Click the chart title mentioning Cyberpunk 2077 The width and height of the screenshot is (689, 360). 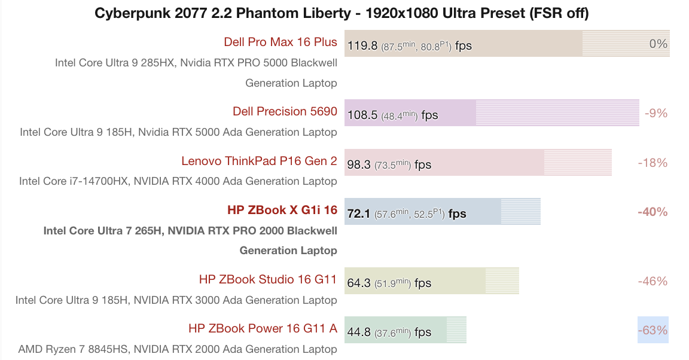tap(344, 14)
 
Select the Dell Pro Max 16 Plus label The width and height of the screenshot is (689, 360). tap(280, 42)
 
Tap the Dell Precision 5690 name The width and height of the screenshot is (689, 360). tap(285, 112)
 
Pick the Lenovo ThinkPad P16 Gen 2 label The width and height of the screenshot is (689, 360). tap(259, 161)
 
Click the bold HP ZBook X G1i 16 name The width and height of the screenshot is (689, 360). tap(282, 210)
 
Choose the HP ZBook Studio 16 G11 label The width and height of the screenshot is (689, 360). tap(268, 280)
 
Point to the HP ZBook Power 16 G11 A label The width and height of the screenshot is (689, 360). tap(263, 329)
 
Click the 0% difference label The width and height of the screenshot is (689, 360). tap(658, 44)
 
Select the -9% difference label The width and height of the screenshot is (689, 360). tap(656, 113)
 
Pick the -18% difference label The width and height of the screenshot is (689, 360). tap(653, 163)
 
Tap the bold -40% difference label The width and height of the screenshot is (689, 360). tap(653, 212)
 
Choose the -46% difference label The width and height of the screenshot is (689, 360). tap(653, 281)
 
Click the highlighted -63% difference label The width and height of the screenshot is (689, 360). tap(653, 330)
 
